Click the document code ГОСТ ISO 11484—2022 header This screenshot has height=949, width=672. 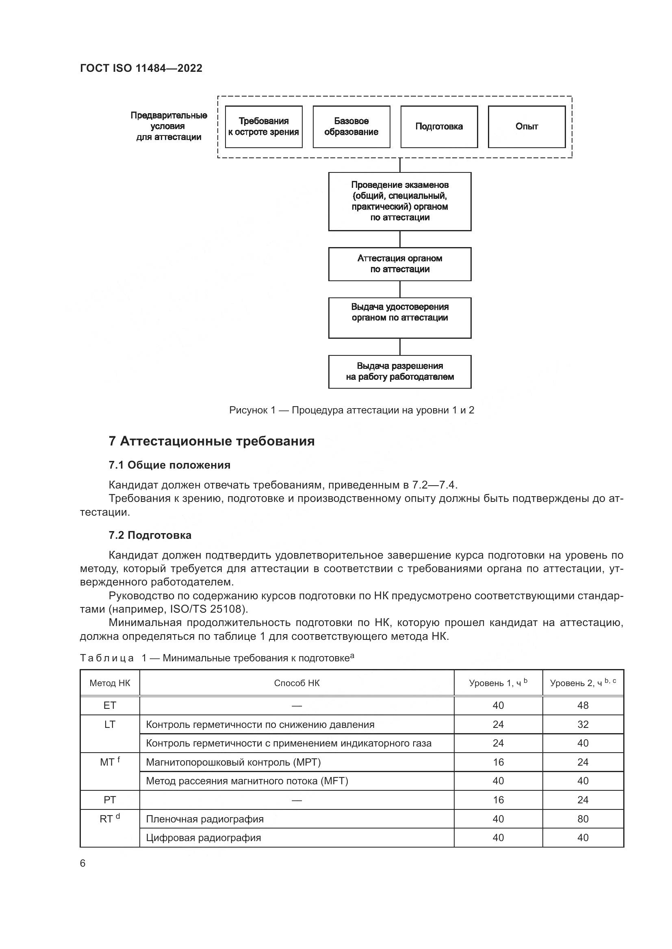pyautogui.click(x=141, y=68)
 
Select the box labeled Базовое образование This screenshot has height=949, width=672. pyautogui.click(x=351, y=127)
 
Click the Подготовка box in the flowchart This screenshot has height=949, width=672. pyautogui.click(x=439, y=127)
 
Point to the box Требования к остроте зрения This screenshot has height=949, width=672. pyautogui.click(x=264, y=127)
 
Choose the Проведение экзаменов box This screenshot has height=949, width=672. pyautogui.click(x=400, y=201)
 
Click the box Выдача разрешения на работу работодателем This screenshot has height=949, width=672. pyautogui.click(x=400, y=371)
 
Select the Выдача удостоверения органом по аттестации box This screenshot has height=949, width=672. pyautogui.click(x=400, y=317)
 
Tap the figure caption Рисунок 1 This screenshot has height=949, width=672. pyautogui.click(x=352, y=410)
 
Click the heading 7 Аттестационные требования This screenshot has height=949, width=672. pyautogui.click(x=211, y=441)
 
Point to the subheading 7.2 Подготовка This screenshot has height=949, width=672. pyautogui.click(x=150, y=535)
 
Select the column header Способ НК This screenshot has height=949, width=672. pyautogui.click(x=297, y=683)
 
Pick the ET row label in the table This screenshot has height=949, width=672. pyautogui.click(x=110, y=706)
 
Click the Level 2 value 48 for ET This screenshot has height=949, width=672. pyautogui.click(x=583, y=706)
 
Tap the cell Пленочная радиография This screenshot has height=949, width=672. pyautogui.click(x=205, y=819)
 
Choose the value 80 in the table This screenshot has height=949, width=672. pyautogui.click(x=583, y=819)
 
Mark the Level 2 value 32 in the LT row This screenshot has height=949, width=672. pyautogui.click(x=583, y=725)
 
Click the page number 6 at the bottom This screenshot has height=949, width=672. pyautogui.click(x=83, y=863)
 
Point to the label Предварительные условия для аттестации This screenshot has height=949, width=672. pyautogui.click(x=169, y=126)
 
